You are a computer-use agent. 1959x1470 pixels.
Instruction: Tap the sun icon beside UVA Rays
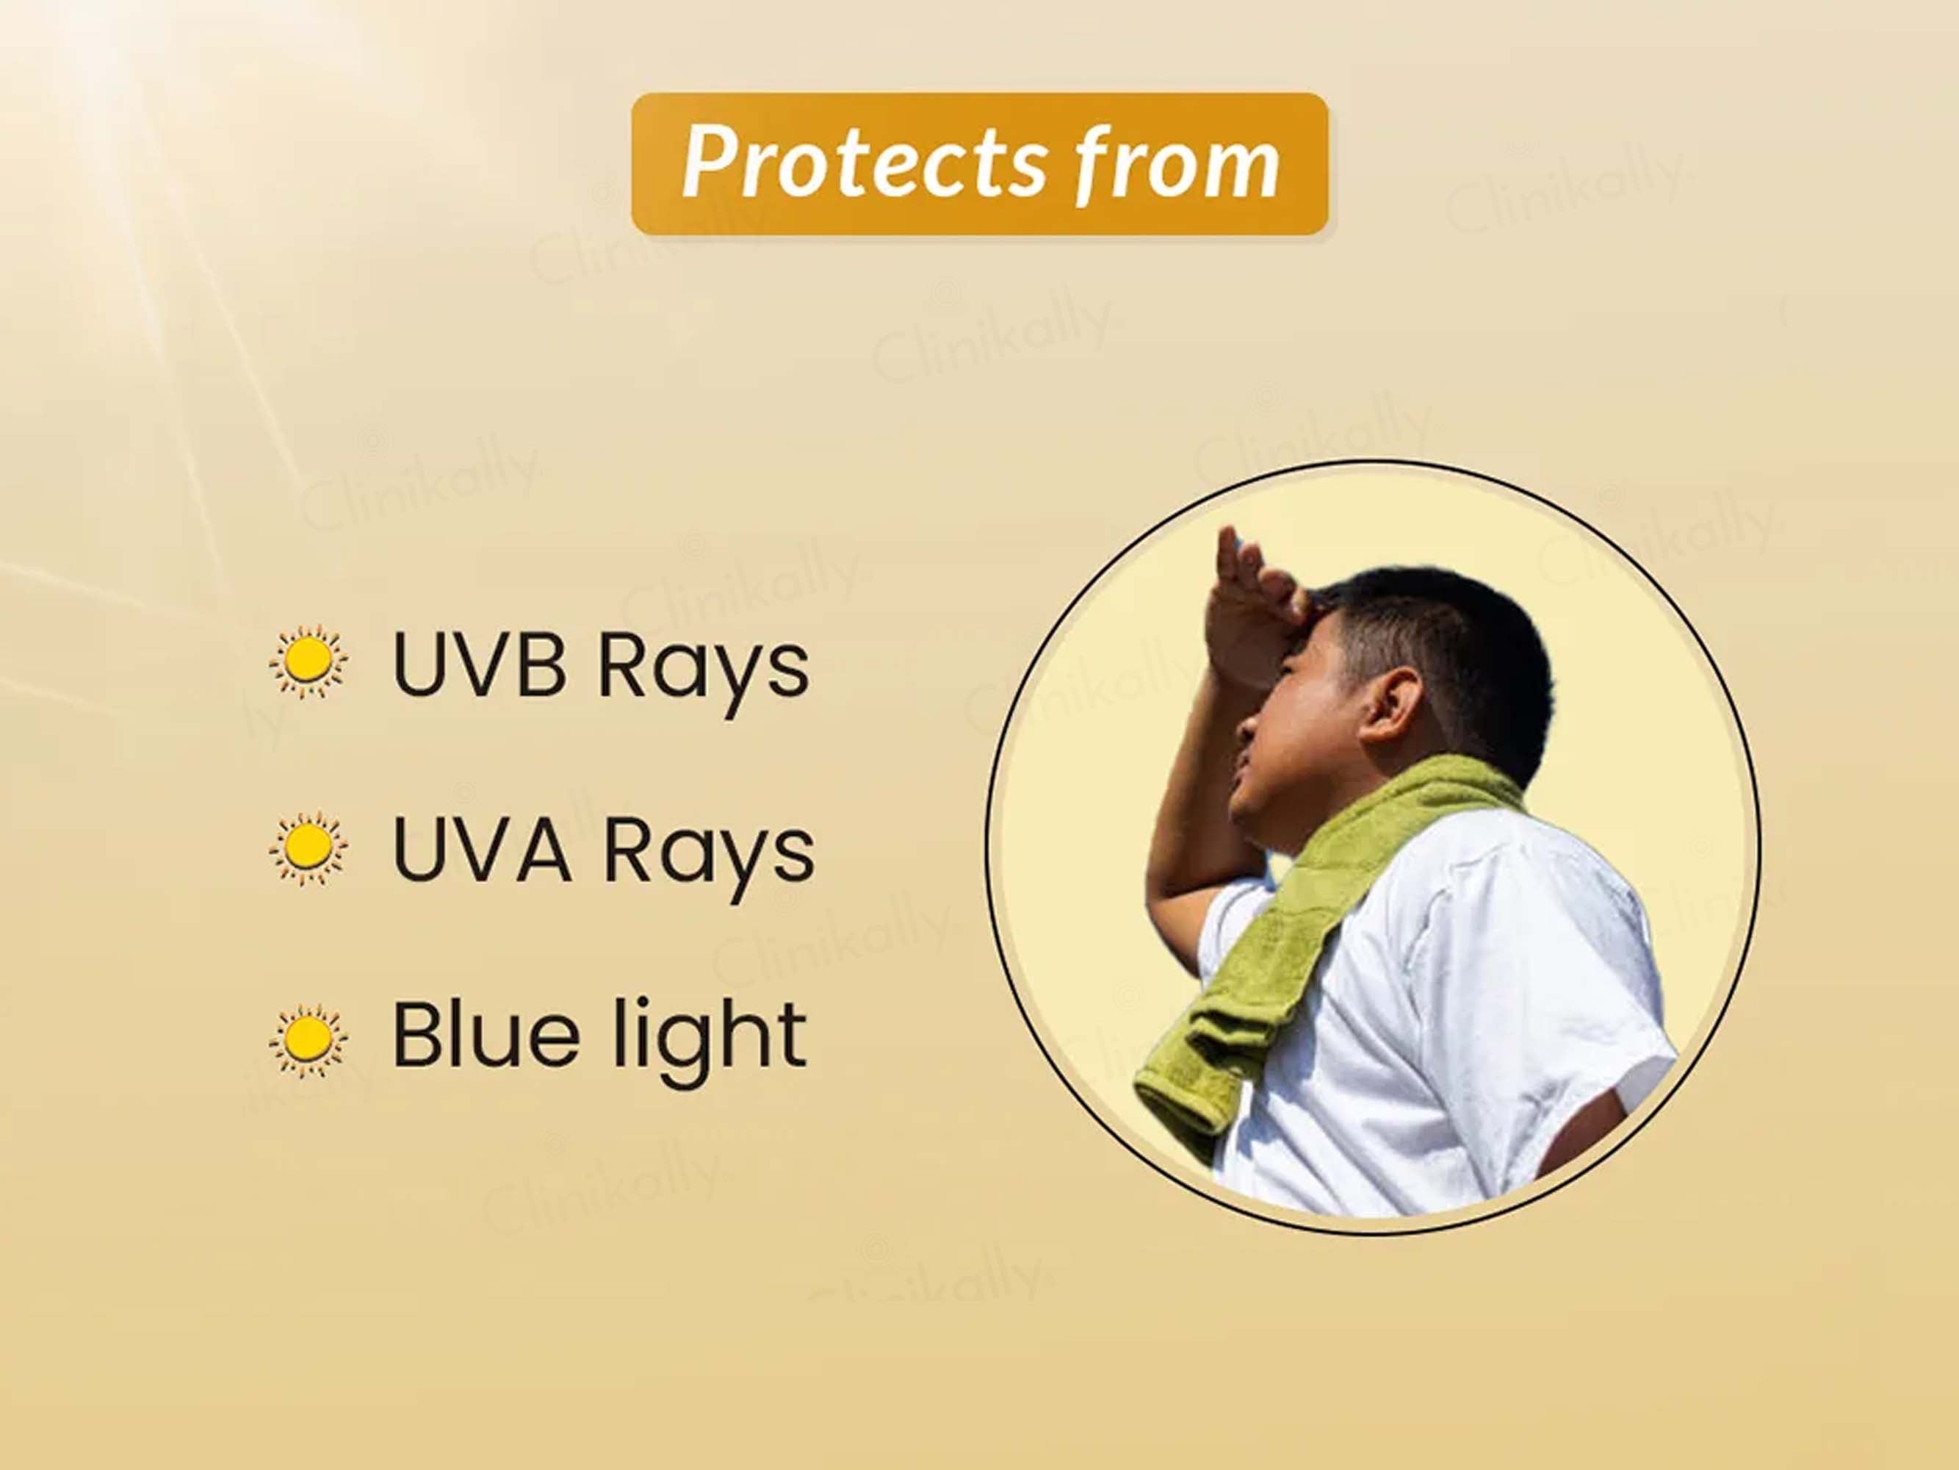pos(309,847)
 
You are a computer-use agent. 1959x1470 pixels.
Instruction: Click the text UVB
pos(479,664)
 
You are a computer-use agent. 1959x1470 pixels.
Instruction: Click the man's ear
pos(1390,707)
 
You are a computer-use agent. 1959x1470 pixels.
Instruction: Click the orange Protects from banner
pos(980,164)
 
